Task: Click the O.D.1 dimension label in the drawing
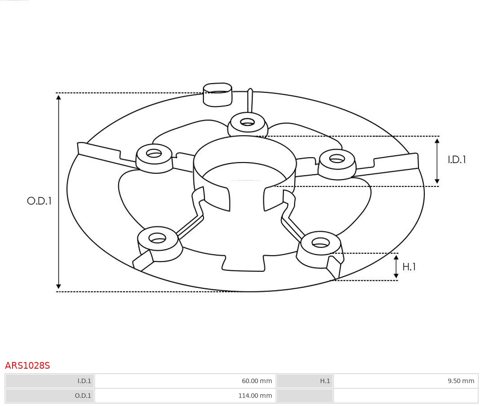[39, 201]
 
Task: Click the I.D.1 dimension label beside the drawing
[457, 160]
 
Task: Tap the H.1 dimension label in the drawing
[409, 267]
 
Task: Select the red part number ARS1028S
[27, 366]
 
